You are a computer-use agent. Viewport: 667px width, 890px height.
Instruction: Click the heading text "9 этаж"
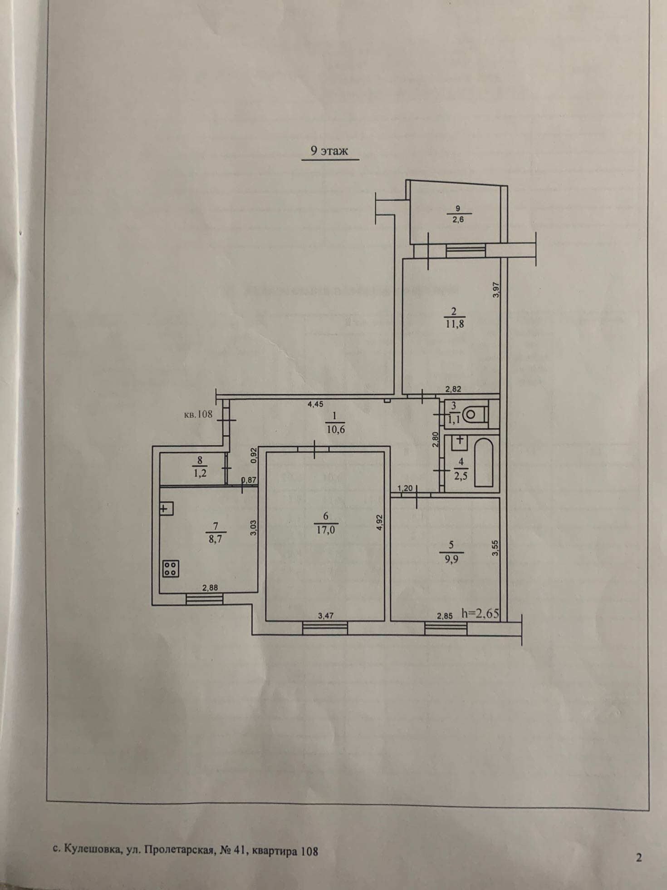329,151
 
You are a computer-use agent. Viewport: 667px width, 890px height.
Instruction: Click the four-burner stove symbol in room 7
171,568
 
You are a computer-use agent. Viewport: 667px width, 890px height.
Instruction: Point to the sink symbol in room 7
166,508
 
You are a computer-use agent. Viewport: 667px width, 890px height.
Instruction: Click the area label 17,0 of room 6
325,530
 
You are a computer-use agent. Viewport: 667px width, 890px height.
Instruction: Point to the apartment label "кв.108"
198,414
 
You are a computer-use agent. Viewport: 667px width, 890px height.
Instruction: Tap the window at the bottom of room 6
325,628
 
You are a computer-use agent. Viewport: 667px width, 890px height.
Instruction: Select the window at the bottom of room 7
205,599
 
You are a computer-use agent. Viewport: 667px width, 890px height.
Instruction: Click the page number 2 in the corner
639,858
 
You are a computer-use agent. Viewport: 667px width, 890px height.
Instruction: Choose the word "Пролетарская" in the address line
179,850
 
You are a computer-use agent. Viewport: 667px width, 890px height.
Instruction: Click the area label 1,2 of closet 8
200,473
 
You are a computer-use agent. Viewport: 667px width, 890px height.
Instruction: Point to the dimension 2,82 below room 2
453,389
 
